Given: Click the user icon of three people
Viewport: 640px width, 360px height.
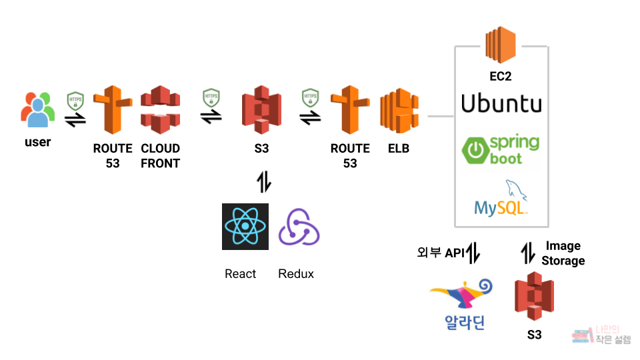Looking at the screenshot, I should pos(37,110).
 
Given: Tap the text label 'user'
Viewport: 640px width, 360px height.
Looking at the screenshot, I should pos(37,142).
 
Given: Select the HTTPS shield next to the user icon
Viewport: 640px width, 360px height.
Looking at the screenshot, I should pos(75,101).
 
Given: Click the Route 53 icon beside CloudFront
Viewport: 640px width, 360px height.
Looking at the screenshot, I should pos(112,111).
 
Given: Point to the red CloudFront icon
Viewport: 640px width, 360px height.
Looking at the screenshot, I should pos(161,110).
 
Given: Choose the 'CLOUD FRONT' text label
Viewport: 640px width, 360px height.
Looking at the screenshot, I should pos(161,155).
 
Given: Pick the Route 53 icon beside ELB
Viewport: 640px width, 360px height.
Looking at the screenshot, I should pos(349,111).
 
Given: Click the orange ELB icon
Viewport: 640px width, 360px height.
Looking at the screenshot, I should pos(399,111).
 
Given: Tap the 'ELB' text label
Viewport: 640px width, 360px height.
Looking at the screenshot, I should pos(399,149).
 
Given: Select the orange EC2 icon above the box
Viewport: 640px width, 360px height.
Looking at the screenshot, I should pos(501,45).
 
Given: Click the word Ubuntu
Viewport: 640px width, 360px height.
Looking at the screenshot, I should pos(501,104).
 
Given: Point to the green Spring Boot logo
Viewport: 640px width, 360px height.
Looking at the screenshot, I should pos(501,150).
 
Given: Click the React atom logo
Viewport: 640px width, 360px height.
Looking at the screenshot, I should pos(245,227).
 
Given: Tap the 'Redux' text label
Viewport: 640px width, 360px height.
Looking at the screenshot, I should pos(296,274).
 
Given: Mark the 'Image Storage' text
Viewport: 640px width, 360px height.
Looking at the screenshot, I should pos(563,253).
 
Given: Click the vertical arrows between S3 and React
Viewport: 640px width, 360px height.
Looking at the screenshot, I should pos(264,181).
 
